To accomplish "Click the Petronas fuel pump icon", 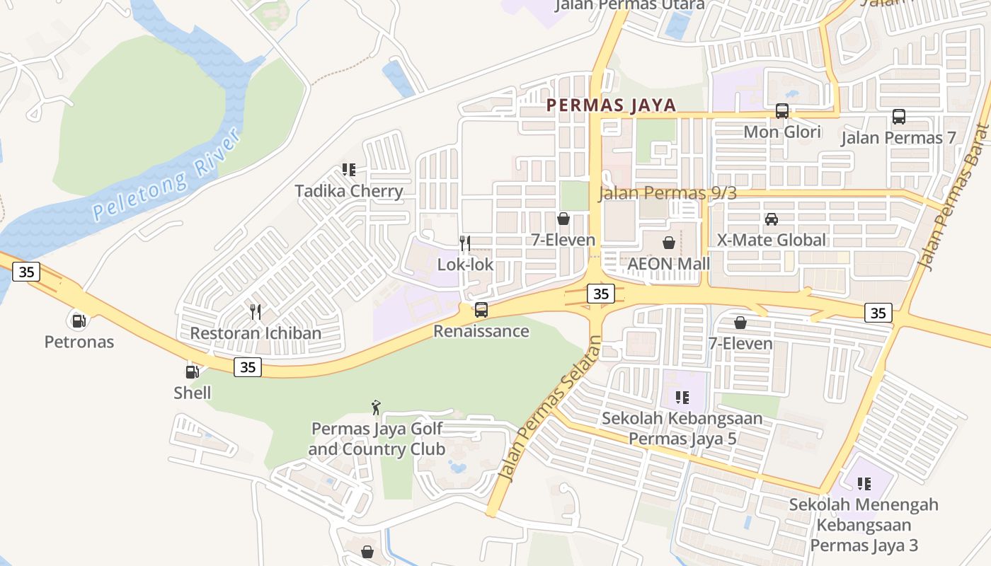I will click(79, 320).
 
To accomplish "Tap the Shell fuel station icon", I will click(192, 371).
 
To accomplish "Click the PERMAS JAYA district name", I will click(611, 105).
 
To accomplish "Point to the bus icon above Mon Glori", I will click(782, 111).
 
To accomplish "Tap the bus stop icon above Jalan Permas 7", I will click(898, 117).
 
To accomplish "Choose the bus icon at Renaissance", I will click(481, 309).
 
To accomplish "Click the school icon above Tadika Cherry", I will click(348, 170).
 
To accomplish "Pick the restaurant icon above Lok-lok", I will click(465, 243).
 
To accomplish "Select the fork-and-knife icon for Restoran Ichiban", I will click(256, 311).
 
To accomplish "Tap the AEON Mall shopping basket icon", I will click(669, 243).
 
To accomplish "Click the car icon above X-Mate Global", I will click(772, 219).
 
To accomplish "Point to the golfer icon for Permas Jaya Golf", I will click(376, 408).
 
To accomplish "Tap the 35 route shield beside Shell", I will click(248, 366).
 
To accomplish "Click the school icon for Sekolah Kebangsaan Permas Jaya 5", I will click(682, 398).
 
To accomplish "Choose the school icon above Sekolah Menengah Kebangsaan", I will click(864, 484).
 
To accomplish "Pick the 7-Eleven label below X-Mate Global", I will click(740, 343).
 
